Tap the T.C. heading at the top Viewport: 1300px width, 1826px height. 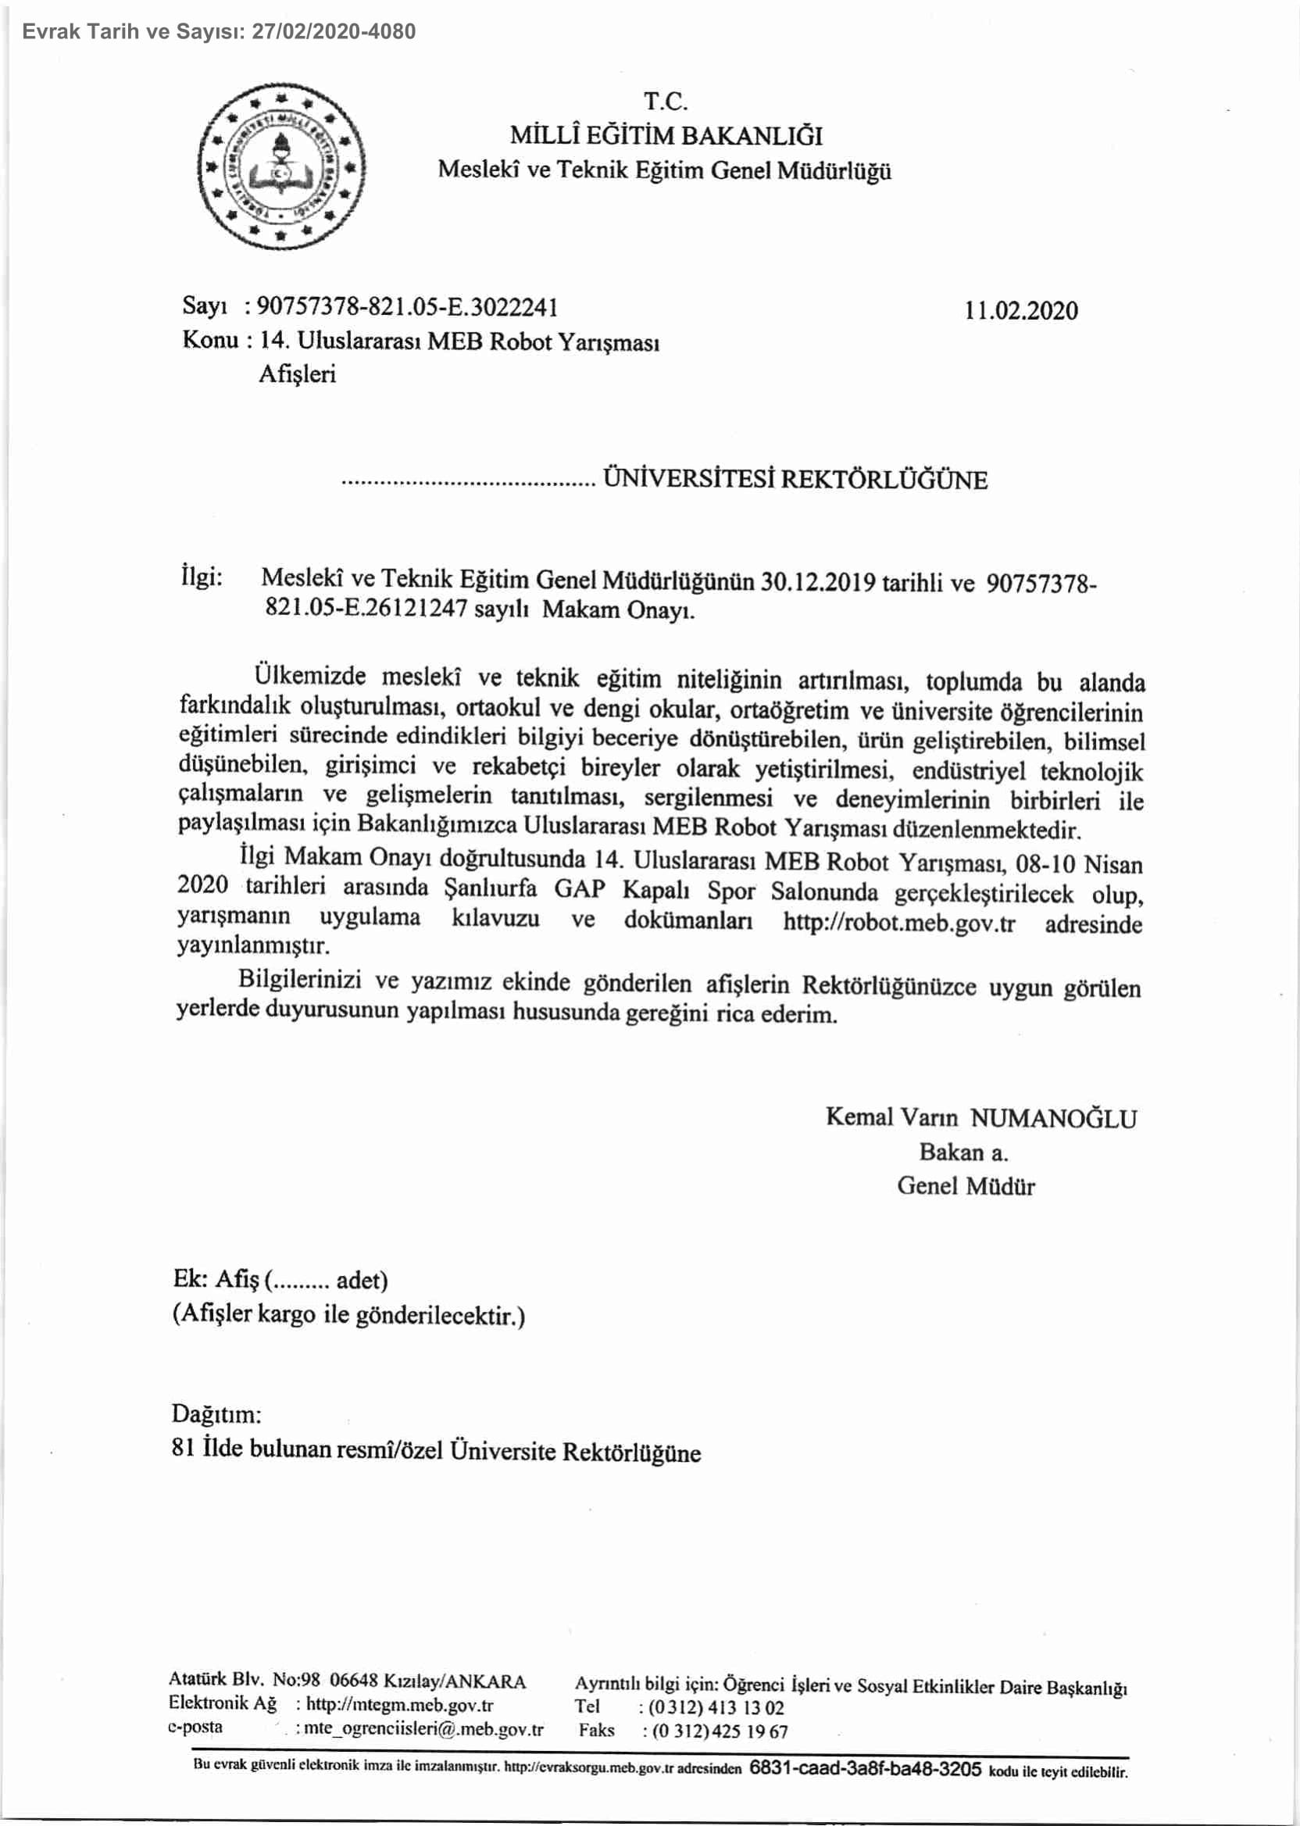coord(665,102)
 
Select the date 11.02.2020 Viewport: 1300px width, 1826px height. coord(1020,311)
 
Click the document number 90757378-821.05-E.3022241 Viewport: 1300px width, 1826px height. coord(408,307)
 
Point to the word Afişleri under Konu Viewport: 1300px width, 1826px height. coord(297,373)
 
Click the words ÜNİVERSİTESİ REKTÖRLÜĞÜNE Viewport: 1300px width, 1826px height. coord(795,480)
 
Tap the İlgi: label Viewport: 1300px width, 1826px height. coord(202,577)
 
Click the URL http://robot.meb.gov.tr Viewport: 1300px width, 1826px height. coord(898,923)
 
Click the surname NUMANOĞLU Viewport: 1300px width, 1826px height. coord(1053,1118)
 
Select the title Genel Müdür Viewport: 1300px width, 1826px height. coord(966,1185)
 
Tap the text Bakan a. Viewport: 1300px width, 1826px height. coord(963,1152)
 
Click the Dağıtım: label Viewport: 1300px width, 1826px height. coord(216,1413)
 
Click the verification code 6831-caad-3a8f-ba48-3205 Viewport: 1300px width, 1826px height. coord(866,1768)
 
